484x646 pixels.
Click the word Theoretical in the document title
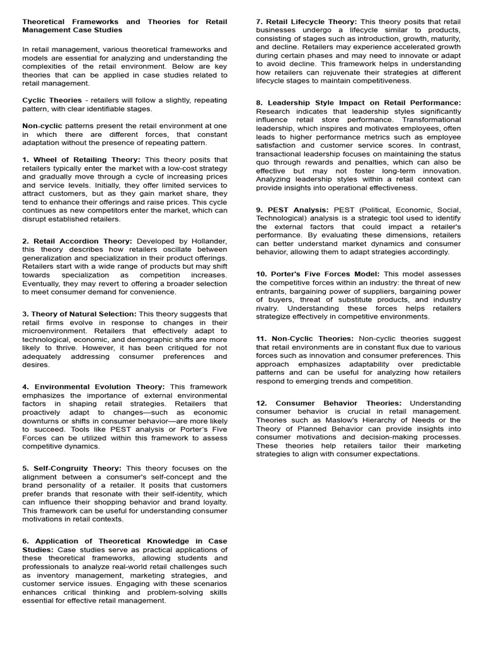[x=47, y=21]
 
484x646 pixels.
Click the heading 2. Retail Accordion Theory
[x=77, y=241]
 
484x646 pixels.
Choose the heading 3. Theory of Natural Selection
[x=79, y=314]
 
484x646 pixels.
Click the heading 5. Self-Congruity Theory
[x=72, y=468]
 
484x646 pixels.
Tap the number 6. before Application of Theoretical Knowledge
[x=26, y=541]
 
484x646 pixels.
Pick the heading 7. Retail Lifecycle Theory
[x=306, y=21]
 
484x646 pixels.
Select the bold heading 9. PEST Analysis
[x=292, y=209]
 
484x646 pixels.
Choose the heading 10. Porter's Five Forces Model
[x=318, y=274]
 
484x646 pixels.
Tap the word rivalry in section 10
[x=269, y=308]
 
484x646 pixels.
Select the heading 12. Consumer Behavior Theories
[x=328, y=403]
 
